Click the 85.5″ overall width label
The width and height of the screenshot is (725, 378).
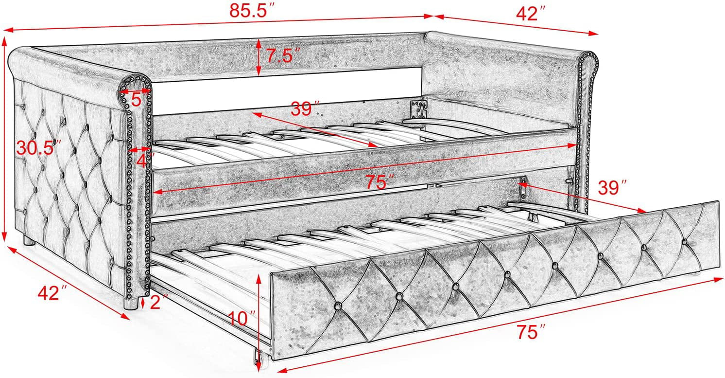252,11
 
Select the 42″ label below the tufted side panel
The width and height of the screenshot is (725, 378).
53,293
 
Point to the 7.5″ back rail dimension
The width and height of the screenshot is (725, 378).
279,55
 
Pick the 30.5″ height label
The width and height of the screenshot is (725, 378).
39,148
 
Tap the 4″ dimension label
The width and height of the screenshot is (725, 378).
144,161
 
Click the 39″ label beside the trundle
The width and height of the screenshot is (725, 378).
612,188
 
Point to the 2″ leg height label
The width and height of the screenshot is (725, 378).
158,302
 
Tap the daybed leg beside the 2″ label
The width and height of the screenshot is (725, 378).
131,304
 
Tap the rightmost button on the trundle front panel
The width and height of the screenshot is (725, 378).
684,242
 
